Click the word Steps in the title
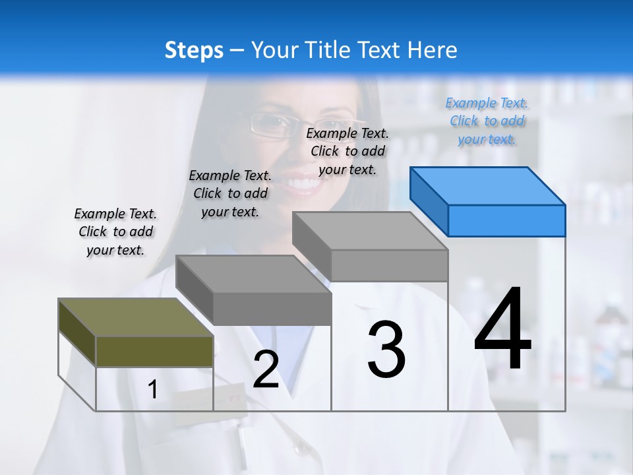194,50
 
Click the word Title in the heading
326,50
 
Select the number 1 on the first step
153,390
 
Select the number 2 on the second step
266,369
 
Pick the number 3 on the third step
386,350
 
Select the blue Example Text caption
487,121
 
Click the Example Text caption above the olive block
115,232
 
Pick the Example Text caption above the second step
230,193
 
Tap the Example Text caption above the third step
347,151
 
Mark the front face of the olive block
154,351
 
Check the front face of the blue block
506,220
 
